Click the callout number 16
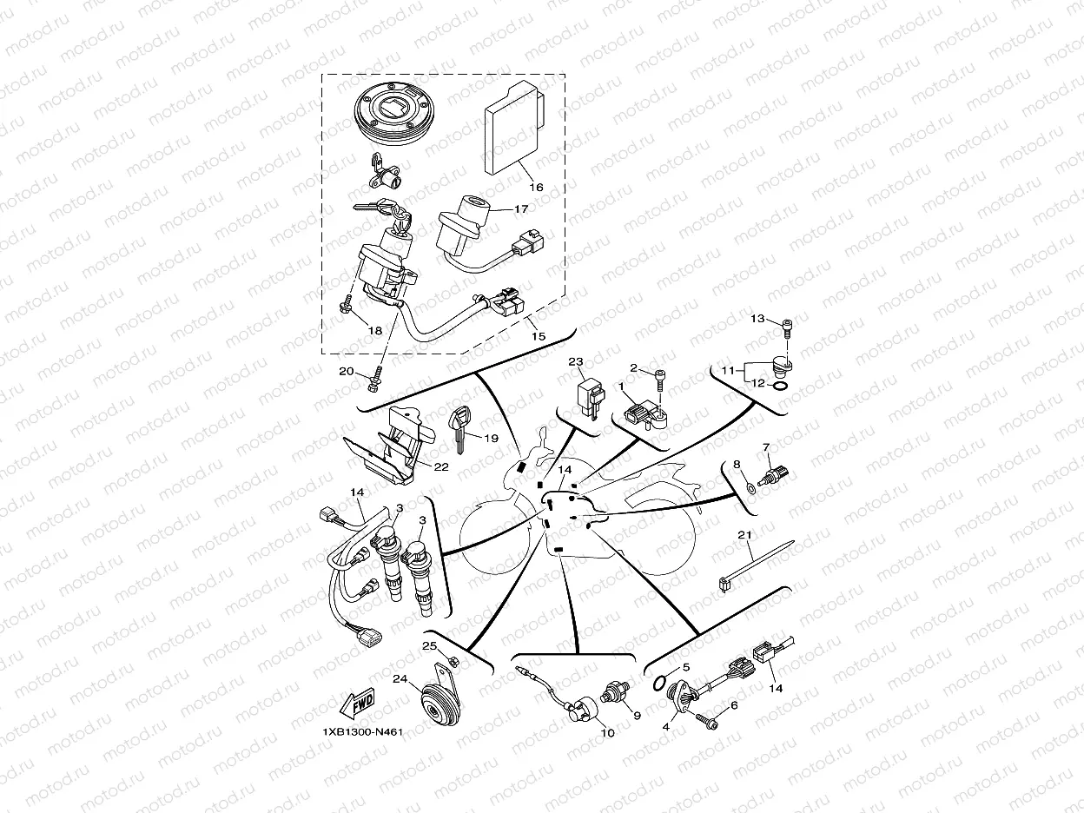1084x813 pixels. click(535, 187)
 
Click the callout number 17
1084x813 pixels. click(520, 208)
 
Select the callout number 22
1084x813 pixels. click(441, 466)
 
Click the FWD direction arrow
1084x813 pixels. click(357, 704)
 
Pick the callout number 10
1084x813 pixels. click(607, 733)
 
